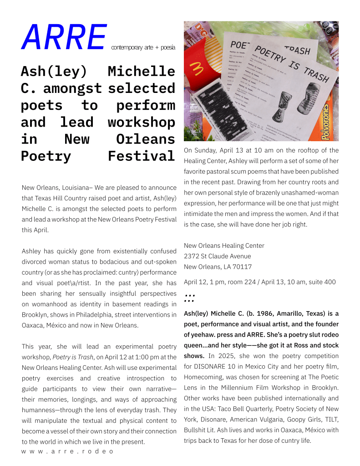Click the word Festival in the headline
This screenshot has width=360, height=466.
coord(141,156)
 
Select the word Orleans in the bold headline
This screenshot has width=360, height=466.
coord(145,139)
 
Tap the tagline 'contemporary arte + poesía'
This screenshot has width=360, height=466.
coord(143,47)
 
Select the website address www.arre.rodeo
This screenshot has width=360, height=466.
coord(67,451)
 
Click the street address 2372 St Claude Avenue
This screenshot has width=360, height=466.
coord(217,256)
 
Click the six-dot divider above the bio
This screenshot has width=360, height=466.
coord(189,298)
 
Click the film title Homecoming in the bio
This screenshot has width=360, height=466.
coord(203,377)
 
